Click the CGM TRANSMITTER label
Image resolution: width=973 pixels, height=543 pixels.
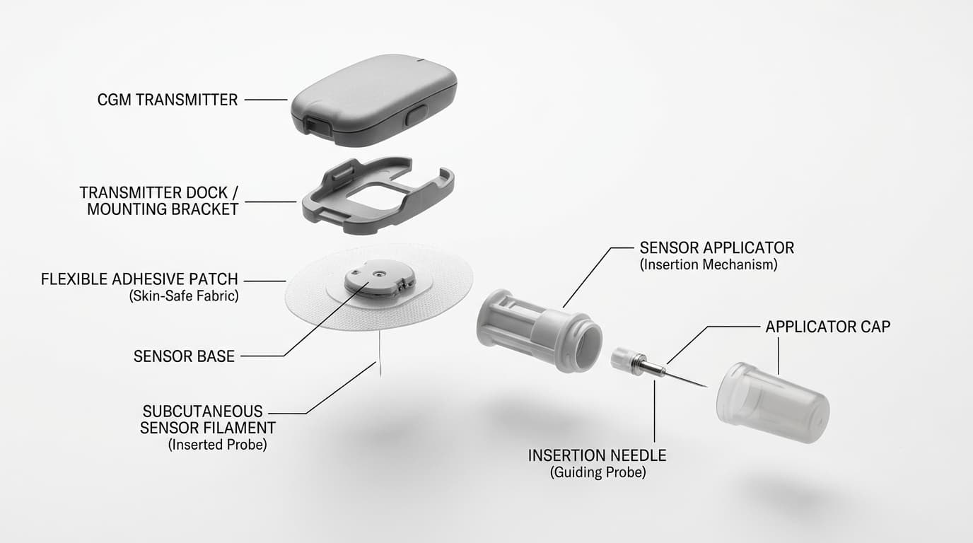[x=167, y=100]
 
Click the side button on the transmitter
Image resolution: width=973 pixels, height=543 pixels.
[x=416, y=115]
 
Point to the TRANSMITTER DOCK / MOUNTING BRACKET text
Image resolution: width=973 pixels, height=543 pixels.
[x=158, y=201]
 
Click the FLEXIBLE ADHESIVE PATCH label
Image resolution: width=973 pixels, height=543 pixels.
[x=139, y=279]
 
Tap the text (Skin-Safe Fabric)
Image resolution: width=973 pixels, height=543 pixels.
[x=184, y=297]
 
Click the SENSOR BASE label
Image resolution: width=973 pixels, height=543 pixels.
[x=184, y=356]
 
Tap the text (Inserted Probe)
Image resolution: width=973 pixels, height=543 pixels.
[x=217, y=445]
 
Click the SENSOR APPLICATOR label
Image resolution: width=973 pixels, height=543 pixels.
[x=716, y=248]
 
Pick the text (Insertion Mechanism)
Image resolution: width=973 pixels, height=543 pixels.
[x=709, y=265]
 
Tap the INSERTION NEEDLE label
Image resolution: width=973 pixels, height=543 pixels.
[x=597, y=455]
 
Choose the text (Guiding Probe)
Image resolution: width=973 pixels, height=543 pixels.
[x=598, y=472]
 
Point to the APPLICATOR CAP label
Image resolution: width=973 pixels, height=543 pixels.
[x=827, y=327]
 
